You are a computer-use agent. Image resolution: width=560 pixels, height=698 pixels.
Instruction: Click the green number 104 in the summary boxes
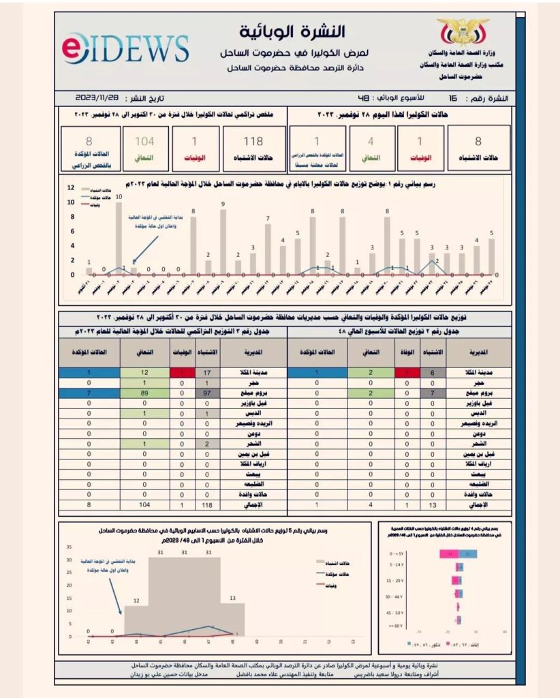pyautogui.click(x=144, y=142)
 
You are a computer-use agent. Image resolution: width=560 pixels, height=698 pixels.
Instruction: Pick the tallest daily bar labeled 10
pyautogui.click(x=119, y=239)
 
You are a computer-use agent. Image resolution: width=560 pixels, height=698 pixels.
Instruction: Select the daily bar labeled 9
pyautogui.click(x=223, y=242)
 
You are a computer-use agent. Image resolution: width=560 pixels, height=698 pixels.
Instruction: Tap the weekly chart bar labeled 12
pyautogui.click(x=136, y=620)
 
